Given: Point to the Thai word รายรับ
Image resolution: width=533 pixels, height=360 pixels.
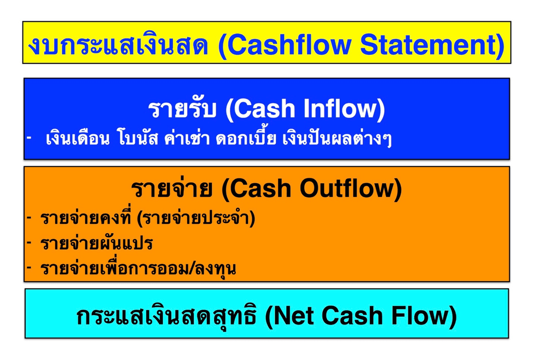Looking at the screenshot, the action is pyautogui.click(x=182, y=109).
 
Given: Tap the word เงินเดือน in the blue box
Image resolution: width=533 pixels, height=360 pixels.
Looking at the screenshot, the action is pyautogui.click(x=78, y=138).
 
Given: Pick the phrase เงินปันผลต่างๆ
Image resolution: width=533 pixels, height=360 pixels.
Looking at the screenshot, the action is pyautogui.click(x=337, y=138).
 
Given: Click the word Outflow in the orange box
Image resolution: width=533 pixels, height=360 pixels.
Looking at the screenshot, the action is pyautogui.click(x=350, y=188).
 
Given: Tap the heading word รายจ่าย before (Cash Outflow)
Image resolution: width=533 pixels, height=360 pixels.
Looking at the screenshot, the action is pyautogui.click(x=171, y=188).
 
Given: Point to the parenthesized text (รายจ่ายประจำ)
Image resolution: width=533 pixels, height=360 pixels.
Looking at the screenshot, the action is pyautogui.click(x=196, y=218).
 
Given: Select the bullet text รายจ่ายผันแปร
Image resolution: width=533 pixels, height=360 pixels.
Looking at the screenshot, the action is pyautogui.click(x=96, y=243).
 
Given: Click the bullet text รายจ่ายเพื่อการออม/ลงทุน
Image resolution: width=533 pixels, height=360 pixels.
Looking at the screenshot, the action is pyautogui.click(x=138, y=268).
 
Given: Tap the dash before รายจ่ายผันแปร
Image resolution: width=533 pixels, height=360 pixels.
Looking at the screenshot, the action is pyautogui.click(x=30, y=243).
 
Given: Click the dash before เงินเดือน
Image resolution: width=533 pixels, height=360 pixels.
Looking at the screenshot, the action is pyautogui.click(x=30, y=138).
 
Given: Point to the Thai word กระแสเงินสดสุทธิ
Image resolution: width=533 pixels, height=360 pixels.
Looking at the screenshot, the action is pyautogui.click(x=166, y=316).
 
